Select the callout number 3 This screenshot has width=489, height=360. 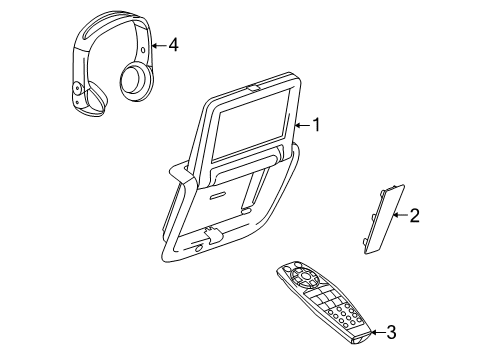[x=392, y=332]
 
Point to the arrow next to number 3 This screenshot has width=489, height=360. [x=376, y=331]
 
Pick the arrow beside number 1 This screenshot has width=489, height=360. [x=302, y=126]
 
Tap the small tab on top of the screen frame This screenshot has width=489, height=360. [x=250, y=89]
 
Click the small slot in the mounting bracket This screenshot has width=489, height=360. [x=242, y=213]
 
